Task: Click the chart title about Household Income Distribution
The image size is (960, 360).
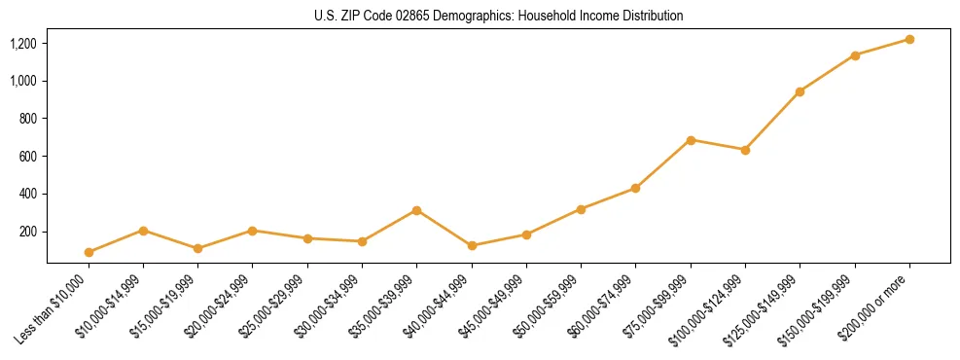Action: click(x=498, y=16)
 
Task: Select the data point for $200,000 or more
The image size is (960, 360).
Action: click(x=909, y=39)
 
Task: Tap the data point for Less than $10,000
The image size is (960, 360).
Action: click(x=89, y=252)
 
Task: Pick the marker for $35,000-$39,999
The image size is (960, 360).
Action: click(x=416, y=210)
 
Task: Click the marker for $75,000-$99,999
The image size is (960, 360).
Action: click(x=691, y=140)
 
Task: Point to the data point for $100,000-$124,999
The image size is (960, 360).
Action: click(x=745, y=150)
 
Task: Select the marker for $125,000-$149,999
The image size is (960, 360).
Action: click(x=800, y=91)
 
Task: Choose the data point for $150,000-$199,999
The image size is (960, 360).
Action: click(x=855, y=55)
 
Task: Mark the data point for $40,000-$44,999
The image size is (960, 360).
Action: click(x=472, y=245)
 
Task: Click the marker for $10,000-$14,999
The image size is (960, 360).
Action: click(x=143, y=231)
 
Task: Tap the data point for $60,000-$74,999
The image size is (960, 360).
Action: click(x=635, y=188)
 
